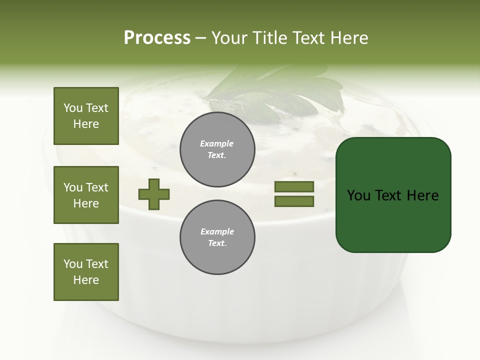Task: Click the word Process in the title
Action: (x=157, y=38)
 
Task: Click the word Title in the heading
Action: (x=269, y=38)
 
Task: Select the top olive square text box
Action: (x=86, y=116)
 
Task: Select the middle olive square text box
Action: (x=86, y=195)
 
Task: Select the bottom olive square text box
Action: (x=86, y=272)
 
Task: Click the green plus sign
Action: (x=154, y=194)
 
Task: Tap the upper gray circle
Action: (x=217, y=149)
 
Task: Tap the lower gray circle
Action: (x=217, y=237)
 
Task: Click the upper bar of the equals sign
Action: (x=294, y=186)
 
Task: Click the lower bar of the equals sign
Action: (x=294, y=201)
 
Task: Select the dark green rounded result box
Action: (x=393, y=195)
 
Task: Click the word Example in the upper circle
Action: (x=217, y=143)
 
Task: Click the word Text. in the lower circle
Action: (x=217, y=243)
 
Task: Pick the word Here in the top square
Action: (x=86, y=124)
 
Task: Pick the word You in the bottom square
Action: (x=73, y=263)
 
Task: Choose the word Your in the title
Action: (x=229, y=38)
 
